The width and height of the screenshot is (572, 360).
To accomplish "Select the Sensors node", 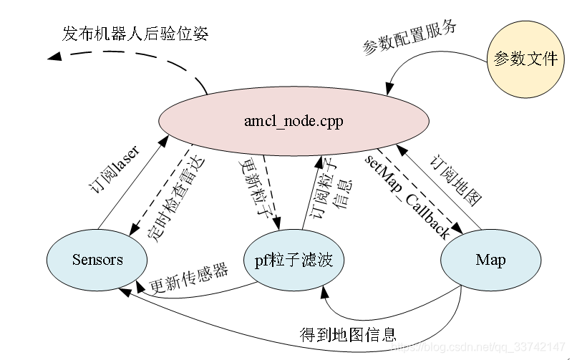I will click(x=97, y=259).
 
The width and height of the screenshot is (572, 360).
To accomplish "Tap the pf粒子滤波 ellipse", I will click(x=294, y=259).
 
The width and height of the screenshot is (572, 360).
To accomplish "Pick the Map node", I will click(x=490, y=259).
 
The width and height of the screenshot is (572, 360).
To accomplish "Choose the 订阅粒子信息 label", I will click(x=331, y=185).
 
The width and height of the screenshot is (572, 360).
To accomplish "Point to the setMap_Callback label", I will click(x=408, y=193).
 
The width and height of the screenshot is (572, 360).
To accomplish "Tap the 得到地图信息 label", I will click(x=348, y=334).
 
